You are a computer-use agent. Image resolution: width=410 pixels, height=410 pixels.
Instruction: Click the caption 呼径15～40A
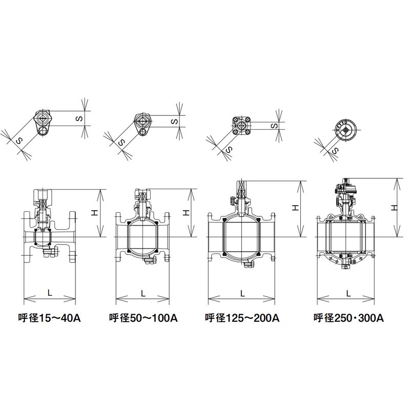tap(49, 318)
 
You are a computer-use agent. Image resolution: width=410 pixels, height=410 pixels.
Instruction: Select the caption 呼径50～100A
tap(143, 318)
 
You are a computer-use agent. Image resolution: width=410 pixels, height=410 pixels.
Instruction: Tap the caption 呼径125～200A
tap(242, 318)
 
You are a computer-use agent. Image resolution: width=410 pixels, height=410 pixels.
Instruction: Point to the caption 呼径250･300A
tap(349, 318)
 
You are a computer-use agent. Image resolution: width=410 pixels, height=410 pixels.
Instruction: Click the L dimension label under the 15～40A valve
tap(50, 293)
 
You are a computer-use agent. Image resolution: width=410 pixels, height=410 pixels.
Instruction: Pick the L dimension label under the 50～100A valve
tap(143, 293)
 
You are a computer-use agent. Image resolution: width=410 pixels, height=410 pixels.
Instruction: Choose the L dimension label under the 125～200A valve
tap(242, 293)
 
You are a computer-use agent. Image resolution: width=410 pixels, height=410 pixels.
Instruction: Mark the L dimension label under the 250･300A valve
tap(348, 293)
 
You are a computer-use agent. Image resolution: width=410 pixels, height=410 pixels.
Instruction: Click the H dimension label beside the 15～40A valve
tap(95, 213)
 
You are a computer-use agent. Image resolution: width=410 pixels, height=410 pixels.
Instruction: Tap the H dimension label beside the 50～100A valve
tap(186, 213)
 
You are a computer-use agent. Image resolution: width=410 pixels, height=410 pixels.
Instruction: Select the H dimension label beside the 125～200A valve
tap(295, 208)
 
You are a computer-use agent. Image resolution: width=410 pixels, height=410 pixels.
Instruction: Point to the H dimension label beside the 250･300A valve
tap(394, 208)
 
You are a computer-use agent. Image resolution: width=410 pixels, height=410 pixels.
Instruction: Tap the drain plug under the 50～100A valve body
tap(150, 261)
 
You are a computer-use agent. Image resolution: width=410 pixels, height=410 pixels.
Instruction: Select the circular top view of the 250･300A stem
tap(346, 131)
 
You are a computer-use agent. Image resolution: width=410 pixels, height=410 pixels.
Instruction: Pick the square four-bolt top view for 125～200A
tap(241, 126)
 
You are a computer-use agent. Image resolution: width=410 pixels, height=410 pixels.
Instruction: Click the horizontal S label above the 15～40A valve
tap(79, 118)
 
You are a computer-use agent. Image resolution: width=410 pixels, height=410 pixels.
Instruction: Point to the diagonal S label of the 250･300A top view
tap(335, 151)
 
